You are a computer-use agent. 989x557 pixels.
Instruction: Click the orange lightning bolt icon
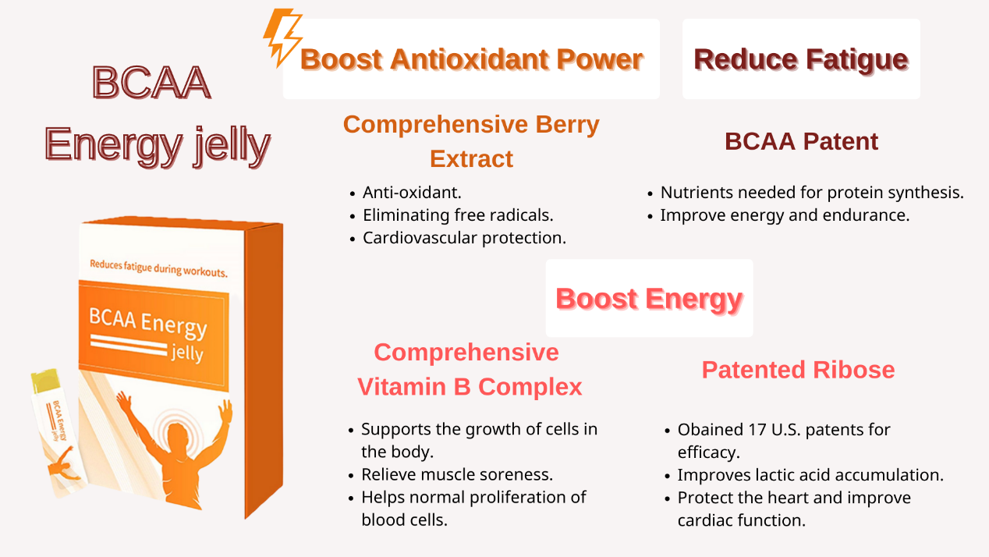point(282,37)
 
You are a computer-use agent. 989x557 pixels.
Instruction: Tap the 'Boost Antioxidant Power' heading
point(472,59)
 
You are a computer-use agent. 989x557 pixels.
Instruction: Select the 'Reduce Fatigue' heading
point(801,59)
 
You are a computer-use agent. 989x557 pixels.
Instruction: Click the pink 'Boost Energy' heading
point(650,299)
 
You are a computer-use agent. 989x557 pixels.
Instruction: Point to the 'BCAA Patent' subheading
point(801,141)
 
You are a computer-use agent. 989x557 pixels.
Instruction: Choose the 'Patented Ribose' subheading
point(798,370)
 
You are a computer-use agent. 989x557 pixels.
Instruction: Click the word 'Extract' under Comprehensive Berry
point(472,158)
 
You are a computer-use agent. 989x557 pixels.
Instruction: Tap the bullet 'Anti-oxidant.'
point(412,193)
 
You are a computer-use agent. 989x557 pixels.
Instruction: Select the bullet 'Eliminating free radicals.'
point(458,215)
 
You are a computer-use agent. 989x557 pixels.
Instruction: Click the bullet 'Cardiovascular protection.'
point(465,238)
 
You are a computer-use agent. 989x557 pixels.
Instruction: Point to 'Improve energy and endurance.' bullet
point(785,215)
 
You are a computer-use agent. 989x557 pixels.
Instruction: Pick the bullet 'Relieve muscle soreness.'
point(457,474)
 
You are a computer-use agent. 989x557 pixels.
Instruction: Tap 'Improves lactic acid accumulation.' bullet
point(810,475)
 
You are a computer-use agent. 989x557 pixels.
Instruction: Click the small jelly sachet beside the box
point(58,434)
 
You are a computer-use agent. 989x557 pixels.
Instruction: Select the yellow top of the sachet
point(44,381)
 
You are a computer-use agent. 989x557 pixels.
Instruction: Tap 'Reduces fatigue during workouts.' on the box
point(158,268)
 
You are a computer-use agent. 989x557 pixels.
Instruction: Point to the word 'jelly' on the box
point(187,353)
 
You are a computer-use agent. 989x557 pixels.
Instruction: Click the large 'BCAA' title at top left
point(151,82)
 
